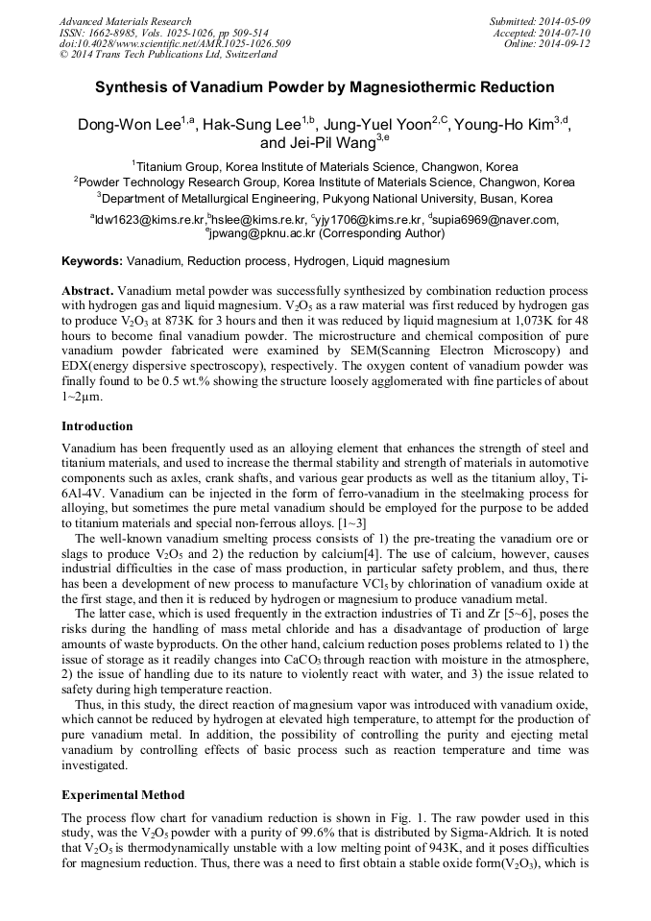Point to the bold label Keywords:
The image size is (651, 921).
click(x=92, y=261)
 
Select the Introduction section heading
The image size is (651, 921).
click(x=97, y=425)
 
